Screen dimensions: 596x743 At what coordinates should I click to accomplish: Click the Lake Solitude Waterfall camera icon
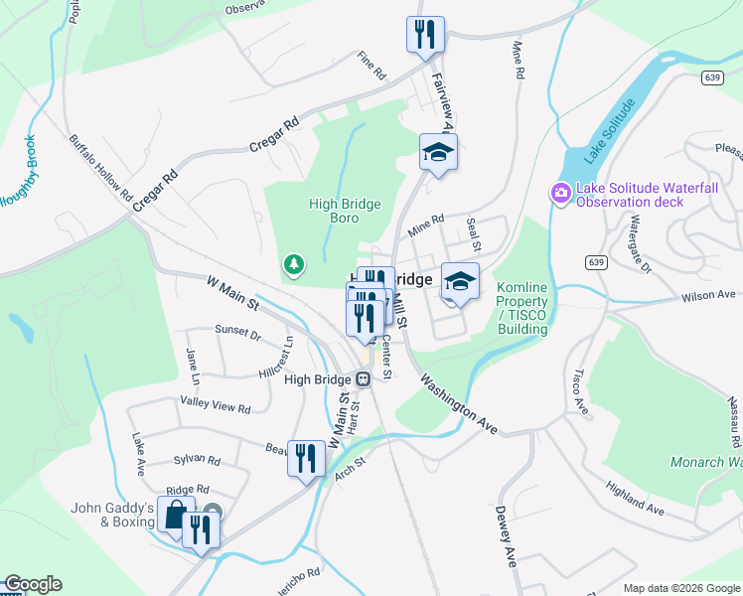click(561, 192)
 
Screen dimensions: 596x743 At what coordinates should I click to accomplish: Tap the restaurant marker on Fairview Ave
click(425, 35)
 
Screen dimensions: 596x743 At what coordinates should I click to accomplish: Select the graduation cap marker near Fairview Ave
click(438, 152)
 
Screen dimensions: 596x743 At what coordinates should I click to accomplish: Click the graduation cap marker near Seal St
click(460, 281)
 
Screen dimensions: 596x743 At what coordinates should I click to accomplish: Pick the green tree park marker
click(294, 264)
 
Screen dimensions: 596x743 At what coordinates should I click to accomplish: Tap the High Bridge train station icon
click(364, 378)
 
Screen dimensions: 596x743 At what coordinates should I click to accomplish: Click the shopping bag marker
click(175, 516)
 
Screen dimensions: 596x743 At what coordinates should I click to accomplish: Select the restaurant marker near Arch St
click(305, 458)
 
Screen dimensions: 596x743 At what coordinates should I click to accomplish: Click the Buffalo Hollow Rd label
click(100, 167)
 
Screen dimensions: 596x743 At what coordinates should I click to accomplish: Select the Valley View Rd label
click(216, 404)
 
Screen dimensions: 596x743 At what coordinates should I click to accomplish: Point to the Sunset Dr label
click(237, 333)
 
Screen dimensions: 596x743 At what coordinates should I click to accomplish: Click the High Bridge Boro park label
click(345, 211)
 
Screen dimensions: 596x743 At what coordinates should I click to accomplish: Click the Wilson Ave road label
click(706, 295)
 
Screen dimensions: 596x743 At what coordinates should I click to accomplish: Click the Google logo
click(33, 584)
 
